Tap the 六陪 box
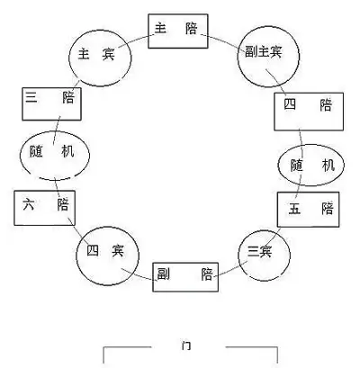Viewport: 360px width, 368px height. pos(41,208)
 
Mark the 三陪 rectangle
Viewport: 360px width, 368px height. pos(50,104)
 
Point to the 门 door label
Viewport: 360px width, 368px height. pos(185,345)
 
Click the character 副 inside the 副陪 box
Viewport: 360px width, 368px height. pos(164,274)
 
